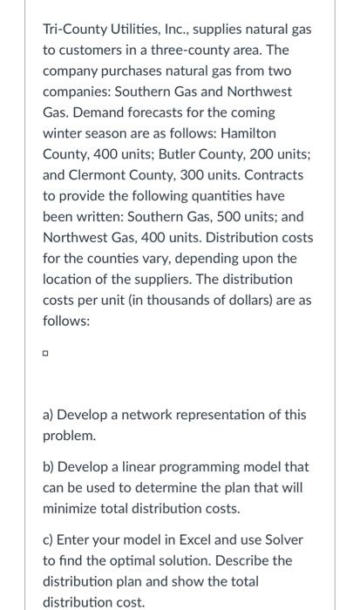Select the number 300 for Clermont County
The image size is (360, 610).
click(x=203, y=172)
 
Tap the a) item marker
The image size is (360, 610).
click(x=51, y=415)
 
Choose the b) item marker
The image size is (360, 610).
click(x=51, y=467)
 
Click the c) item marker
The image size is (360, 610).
click(x=50, y=539)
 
